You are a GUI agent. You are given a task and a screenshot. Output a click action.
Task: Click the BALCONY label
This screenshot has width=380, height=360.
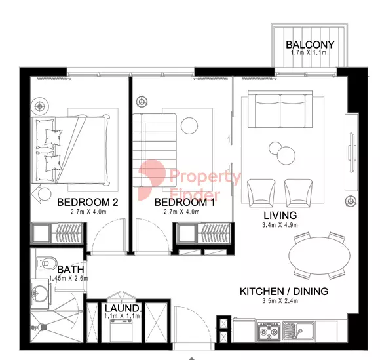coord(310,45)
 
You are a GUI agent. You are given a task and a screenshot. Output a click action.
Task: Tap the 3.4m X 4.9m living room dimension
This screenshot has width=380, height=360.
coord(280,225)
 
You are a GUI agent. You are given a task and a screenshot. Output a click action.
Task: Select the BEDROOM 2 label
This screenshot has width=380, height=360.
coord(88,202)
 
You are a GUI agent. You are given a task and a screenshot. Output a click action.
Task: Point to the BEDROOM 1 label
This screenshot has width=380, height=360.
coord(184,202)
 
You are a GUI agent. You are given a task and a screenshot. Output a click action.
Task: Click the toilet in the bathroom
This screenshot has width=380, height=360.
coord(47,263)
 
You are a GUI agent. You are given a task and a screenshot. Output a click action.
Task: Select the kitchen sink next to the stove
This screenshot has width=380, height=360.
coord(299,330)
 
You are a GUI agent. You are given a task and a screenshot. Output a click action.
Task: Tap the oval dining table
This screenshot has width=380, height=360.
coord(320,256)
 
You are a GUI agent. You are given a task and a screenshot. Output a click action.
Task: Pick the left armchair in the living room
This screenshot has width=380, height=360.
coord(261,192)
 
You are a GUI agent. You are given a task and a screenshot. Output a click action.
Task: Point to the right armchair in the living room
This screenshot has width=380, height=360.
coord(298,192)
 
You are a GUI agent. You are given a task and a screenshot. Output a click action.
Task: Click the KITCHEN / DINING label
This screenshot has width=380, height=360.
coord(284,291)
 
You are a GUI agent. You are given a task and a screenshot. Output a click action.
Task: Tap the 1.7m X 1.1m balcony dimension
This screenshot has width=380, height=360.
coord(309,52)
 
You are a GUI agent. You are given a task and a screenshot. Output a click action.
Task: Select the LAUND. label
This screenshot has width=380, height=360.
coord(123,308)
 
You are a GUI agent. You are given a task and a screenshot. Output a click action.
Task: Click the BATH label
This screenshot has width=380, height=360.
coord(71,270)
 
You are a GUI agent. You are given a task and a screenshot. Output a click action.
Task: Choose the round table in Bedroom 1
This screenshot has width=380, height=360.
coord(189,126)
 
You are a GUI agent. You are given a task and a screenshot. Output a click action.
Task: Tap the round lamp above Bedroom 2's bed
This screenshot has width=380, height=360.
coord(40,106)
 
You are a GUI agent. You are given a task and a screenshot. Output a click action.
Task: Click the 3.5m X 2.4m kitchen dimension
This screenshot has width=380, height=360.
coord(280,301)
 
